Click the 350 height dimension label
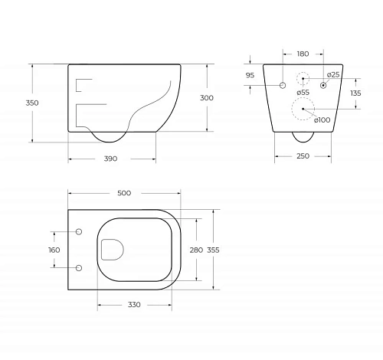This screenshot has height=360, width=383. tap(32, 103)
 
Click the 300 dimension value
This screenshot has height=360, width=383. tap(207, 98)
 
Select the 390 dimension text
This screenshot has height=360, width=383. tap(110, 159)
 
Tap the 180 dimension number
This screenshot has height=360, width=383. tap(303, 54)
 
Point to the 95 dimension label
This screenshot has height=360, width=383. tap(250, 75)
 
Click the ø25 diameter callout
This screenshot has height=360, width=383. tap(333, 75)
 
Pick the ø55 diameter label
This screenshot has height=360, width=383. tap(303, 93)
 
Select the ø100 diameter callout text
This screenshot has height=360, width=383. tap(322, 119)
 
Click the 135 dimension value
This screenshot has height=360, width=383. tap(355, 93)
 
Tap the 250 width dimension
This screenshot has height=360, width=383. tap(303, 156)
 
